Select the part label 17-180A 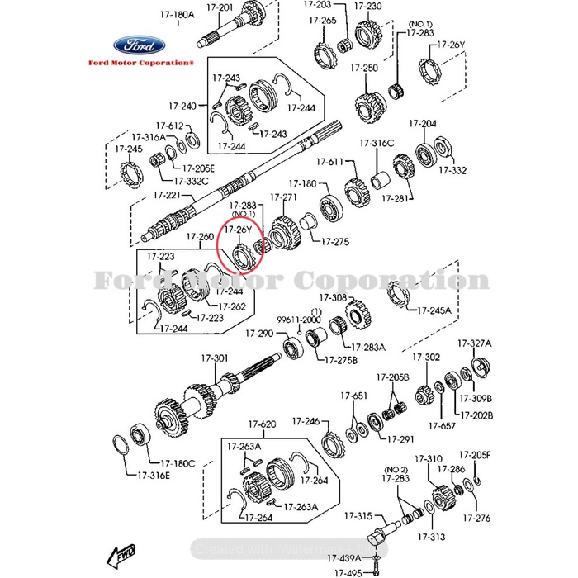click(178, 14)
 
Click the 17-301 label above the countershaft click(215, 358)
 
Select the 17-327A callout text click(475, 343)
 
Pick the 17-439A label click(346, 558)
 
